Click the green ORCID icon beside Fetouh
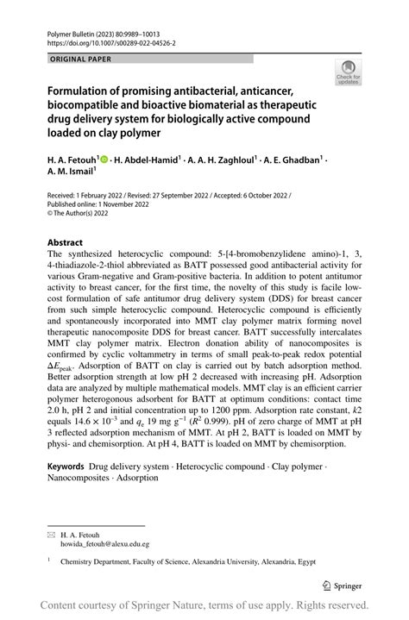click(104, 160)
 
